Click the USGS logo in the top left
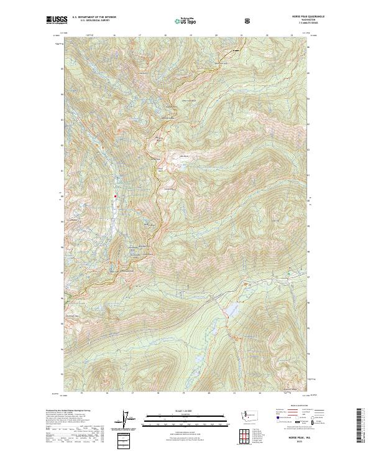(x=57, y=20)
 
